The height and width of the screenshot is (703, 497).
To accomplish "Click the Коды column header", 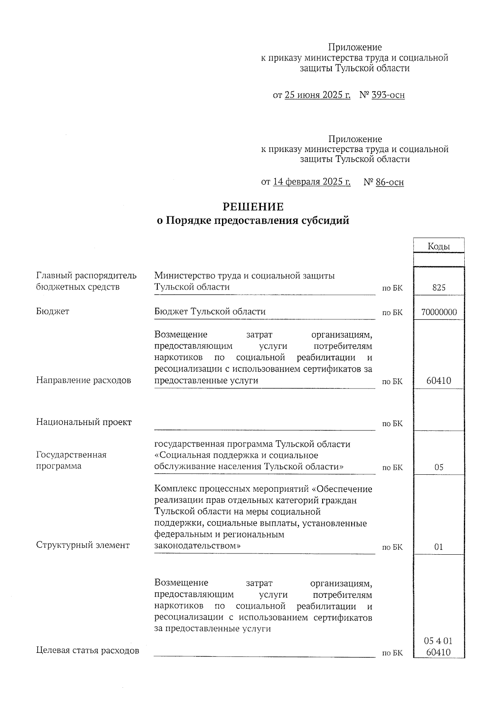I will point(439,246).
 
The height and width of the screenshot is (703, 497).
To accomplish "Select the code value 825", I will point(439,287).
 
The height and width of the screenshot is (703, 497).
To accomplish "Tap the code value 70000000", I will point(439,312).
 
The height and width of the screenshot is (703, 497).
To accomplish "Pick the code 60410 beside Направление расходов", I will point(439,381).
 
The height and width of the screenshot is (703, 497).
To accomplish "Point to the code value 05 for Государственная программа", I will point(439,467).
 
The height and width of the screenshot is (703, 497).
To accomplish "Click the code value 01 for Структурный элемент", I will point(439,547).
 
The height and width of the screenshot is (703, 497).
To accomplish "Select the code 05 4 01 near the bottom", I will point(439,641).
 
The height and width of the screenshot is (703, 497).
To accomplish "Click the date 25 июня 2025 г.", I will point(318,95).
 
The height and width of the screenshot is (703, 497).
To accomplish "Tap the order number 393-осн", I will point(388,95).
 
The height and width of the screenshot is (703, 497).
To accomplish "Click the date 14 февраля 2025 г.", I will point(312,182).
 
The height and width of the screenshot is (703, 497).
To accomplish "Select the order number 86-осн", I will point(389,182).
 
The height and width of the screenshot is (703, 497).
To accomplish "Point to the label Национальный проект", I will point(84,422).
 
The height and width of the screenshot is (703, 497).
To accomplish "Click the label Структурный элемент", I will point(83,545).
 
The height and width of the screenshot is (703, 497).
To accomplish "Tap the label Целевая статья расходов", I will point(87,650).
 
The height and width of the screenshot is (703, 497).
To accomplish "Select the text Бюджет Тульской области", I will point(210,312).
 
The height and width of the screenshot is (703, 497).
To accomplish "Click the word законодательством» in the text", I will point(197,546).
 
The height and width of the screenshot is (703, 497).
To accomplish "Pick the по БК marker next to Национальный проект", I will point(392,424).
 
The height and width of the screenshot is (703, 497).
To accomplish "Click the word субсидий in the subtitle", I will point(325,220).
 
